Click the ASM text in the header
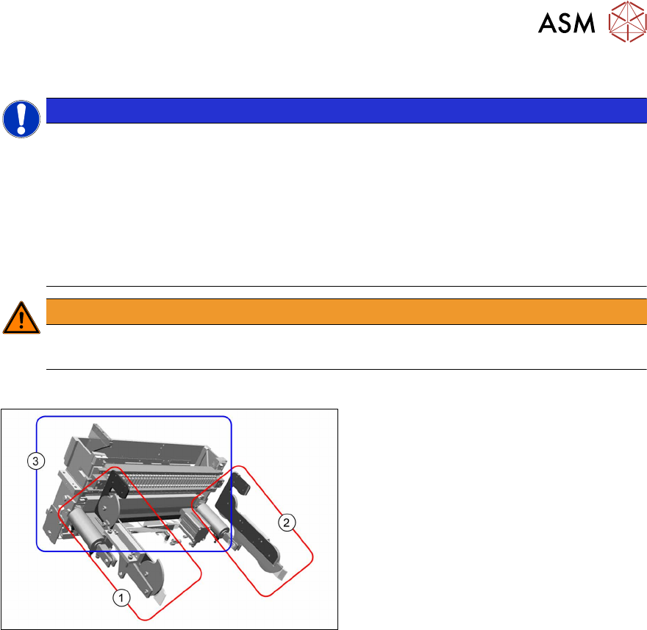coord(566,24)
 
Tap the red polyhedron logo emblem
coord(625,24)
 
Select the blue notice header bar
coord(346,110)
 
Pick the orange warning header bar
coord(346,312)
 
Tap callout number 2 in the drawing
coord(287,523)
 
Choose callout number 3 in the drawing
coord(33,461)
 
